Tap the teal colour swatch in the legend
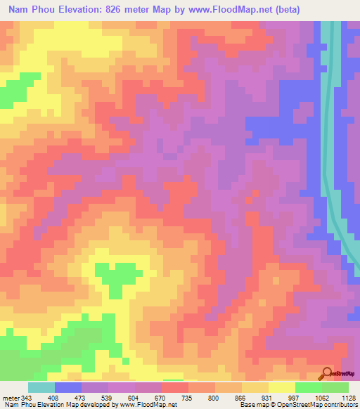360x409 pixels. [x=41, y=387]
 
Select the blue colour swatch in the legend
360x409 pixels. [x=68, y=387]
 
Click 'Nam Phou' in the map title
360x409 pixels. [x=31, y=10]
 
